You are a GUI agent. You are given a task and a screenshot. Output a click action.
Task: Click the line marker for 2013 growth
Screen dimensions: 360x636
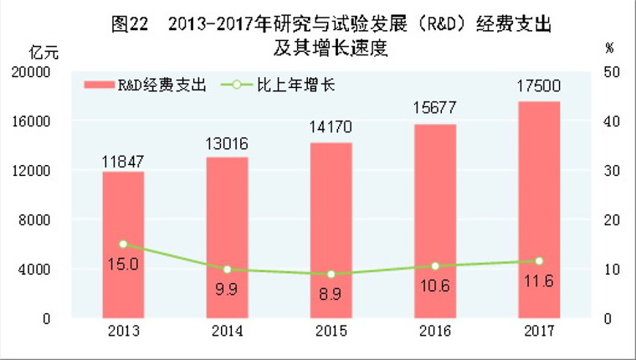click(123, 244)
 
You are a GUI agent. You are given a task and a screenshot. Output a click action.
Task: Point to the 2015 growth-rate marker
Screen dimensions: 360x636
click(331, 275)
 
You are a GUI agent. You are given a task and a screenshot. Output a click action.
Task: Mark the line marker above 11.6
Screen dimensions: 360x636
click(539, 261)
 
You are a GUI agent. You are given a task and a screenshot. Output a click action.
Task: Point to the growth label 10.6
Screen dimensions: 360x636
click(435, 285)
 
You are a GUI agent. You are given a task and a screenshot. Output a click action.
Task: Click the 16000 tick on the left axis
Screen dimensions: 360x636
click(35, 121)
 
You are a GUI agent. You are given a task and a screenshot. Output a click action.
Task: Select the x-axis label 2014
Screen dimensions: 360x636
click(227, 332)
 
